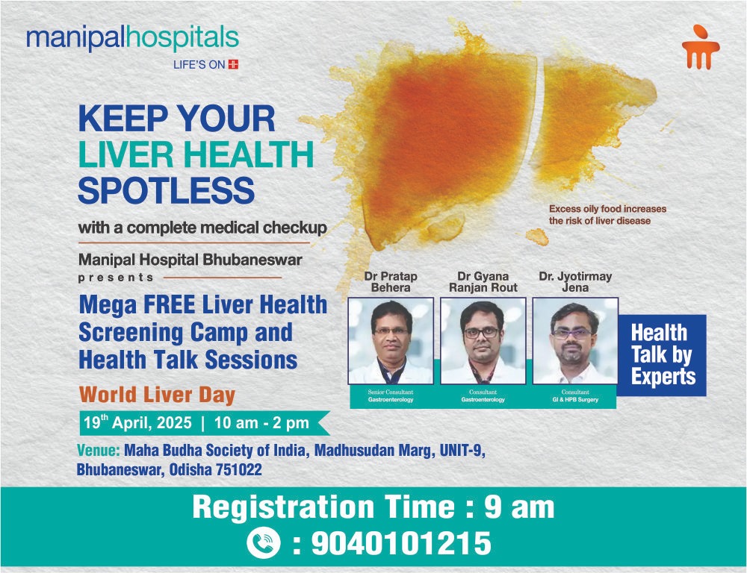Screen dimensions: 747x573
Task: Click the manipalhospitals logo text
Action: tap(132, 39)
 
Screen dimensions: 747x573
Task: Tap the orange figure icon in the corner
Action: tap(701, 47)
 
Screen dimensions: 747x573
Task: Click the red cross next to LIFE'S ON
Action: tap(233, 65)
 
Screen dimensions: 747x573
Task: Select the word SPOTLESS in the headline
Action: tap(167, 190)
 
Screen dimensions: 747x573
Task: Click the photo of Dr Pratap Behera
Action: tap(391, 341)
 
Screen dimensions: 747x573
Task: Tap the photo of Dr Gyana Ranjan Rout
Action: tap(483, 341)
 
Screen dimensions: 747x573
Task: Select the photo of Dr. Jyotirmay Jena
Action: tap(575, 341)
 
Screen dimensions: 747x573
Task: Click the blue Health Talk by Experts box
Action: tap(662, 355)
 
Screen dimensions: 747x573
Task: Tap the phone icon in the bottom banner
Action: tap(264, 543)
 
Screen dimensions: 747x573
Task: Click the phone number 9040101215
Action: tap(401, 543)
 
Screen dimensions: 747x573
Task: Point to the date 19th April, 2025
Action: tap(137, 422)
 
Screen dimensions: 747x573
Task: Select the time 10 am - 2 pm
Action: tap(261, 422)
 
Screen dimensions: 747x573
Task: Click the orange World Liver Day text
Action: tap(157, 395)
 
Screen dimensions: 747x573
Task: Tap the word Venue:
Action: tap(99, 450)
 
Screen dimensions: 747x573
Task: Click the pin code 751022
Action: tap(239, 470)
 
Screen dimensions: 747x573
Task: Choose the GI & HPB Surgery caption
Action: tap(575, 400)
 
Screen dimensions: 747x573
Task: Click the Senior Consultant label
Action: tap(391, 392)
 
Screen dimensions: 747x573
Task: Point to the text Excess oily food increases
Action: tap(607, 209)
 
